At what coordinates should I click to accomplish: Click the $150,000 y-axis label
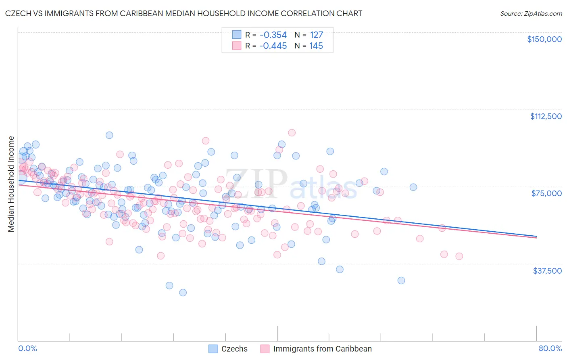point(544,39)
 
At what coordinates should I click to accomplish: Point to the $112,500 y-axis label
point(546,116)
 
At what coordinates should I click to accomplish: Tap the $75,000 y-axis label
point(546,193)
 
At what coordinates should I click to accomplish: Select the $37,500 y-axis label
point(547,271)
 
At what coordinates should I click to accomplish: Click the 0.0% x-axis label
point(27,348)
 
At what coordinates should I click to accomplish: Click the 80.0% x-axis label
point(550,348)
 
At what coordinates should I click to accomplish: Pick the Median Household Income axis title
point(11,184)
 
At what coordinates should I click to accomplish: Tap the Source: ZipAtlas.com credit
point(531,13)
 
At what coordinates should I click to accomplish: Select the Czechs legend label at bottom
point(234,349)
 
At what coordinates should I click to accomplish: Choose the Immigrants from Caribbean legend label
point(322,349)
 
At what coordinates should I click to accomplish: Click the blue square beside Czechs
point(213,349)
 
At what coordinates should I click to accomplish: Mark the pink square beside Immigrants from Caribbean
point(265,349)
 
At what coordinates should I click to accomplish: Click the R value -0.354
point(273,35)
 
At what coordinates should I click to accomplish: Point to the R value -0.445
point(273,46)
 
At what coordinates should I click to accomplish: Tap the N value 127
point(316,35)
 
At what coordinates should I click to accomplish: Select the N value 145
point(316,46)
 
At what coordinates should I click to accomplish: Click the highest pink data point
point(292,133)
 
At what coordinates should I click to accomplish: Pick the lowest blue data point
point(183,293)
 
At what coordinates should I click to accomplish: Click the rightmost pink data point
point(459,256)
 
